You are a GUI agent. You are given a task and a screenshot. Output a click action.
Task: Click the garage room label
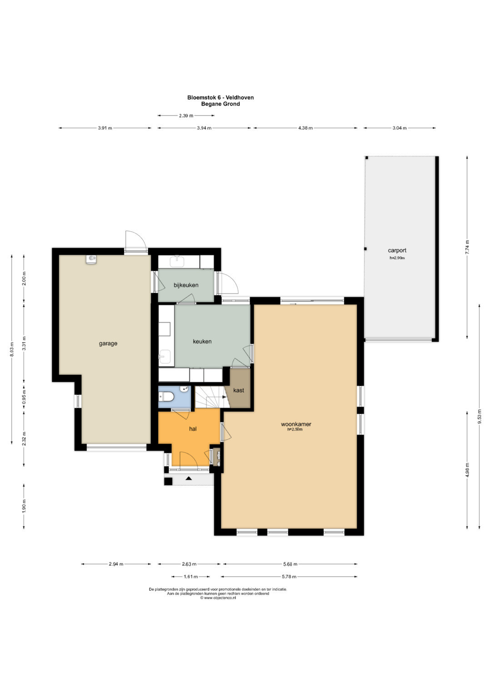pyautogui.click(x=108, y=344)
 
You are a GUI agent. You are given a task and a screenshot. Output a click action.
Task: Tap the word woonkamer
pyautogui.click(x=296, y=424)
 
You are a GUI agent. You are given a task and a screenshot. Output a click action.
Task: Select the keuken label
pyautogui.click(x=202, y=341)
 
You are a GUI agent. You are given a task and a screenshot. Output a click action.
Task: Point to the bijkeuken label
pyautogui.click(x=185, y=285)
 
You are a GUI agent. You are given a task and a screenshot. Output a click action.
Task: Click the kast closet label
pyautogui.click(x=238, y=390)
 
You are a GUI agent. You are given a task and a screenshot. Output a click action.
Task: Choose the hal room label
pyautogui.click(x=193, y=429)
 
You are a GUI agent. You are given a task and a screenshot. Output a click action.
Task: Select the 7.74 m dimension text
pyautogui.click(x=467, y=247)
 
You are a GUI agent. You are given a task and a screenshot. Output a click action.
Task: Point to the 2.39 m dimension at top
pyautogui.click(x=186, y=116)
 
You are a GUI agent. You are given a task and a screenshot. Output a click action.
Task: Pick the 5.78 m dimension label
pyautogui.click(x=289, y=577)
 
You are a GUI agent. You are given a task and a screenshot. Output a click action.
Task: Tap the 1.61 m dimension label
pyautogui.click(x=190, y=577)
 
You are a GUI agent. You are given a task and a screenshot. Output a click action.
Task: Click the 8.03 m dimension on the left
pyautogui.click(x=12, y=350)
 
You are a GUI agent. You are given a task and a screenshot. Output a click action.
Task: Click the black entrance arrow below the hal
pyautogui.click(x=189, y=478)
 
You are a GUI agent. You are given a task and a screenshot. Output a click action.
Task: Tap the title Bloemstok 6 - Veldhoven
pyautogui.click(x=220, y=97)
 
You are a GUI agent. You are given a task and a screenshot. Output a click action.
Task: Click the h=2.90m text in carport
pyautogui.click(x=397, y=258)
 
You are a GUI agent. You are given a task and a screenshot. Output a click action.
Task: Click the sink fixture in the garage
pyautogui.click(x=91, y=259)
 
